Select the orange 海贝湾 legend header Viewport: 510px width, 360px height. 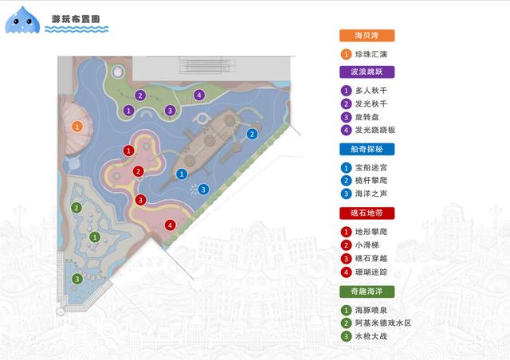(366, 36)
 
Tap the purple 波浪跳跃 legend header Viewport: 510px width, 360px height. (366, 72)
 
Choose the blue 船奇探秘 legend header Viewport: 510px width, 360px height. (366, 149)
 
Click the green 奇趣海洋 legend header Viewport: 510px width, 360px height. (366, 291)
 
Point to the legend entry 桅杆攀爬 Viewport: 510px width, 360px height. (375, 180)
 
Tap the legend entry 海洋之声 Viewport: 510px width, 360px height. (375, 193)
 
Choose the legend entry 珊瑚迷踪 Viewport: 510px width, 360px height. (375, 272)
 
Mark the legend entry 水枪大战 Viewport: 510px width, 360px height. (375, 336)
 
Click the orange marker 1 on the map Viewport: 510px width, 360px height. (76, 126)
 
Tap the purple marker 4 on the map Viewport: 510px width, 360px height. (198, 95)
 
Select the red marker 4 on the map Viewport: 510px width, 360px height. (170, 225)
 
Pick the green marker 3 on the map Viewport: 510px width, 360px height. (76, 279)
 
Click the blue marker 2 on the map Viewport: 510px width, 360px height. (252, 134)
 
